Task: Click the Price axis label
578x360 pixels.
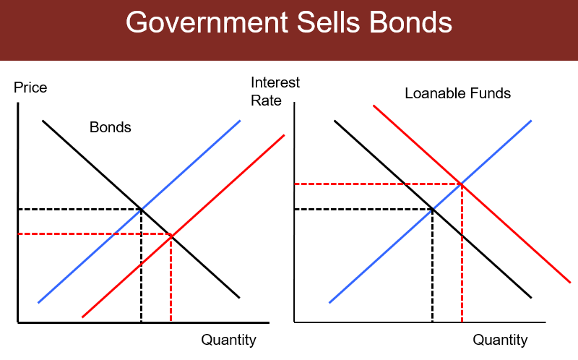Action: (30, 88)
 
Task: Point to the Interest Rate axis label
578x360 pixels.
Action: (275, 91)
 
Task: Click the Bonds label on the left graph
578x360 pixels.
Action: (110, 128)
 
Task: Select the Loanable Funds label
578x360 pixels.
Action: (457, 94)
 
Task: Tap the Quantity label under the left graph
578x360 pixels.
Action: (228, 340)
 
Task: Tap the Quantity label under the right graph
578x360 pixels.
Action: (500, 340)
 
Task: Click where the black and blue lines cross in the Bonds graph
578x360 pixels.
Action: (141, 209)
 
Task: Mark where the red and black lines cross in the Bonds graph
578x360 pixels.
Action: (171, 235)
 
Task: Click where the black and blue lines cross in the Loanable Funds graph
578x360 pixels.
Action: (432, 209)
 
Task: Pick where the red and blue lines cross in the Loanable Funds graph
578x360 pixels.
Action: (461, 184)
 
